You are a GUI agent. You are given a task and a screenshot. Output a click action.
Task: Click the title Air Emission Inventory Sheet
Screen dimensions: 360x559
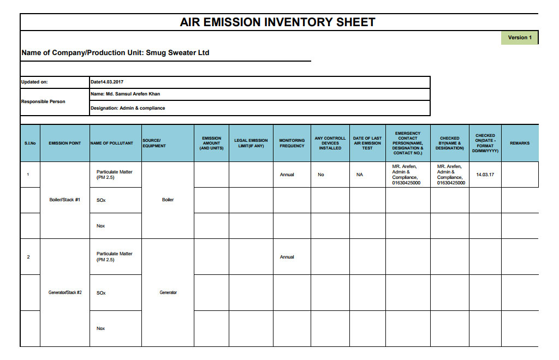point(277,22)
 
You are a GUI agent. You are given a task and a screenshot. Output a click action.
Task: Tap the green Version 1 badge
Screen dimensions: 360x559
point(519,38)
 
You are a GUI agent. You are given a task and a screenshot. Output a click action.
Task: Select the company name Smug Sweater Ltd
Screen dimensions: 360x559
point(177,53)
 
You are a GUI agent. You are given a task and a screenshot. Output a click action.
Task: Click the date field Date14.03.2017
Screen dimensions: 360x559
point(107,82)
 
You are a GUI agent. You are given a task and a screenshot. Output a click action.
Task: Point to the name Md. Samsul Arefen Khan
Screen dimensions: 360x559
point(125,94)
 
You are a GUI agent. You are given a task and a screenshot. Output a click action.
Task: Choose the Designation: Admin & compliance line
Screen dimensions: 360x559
point(128,108)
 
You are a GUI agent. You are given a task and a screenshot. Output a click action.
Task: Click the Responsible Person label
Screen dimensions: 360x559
point(43,101)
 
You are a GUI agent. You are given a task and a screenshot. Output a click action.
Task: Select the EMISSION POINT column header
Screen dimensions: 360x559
point(64,143)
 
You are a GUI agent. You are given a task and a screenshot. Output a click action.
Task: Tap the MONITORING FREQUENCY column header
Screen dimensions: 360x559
point(292,143)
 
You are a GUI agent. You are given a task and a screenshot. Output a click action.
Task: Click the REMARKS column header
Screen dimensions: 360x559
point(519,143)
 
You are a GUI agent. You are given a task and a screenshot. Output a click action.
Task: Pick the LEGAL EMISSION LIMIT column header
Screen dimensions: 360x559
point(251,143)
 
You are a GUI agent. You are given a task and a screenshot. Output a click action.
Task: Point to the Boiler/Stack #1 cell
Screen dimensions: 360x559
point(64,200)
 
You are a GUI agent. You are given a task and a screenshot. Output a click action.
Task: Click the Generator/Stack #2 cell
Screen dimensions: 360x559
point(64,292)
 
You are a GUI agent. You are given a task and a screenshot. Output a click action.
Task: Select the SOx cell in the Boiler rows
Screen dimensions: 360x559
point(101,200)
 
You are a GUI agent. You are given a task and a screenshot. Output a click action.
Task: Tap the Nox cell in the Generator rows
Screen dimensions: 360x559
point(100,328)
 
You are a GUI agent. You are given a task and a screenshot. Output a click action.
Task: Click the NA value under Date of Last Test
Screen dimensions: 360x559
point(359,175)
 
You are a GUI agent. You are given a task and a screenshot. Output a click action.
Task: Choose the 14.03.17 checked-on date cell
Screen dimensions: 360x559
point(485,175)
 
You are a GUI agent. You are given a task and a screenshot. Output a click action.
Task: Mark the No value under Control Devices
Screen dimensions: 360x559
point(321,175)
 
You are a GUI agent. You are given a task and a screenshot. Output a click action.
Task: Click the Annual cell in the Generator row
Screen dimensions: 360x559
point(287,257)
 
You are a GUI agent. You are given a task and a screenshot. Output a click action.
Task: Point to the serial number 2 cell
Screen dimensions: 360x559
point(28,257)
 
